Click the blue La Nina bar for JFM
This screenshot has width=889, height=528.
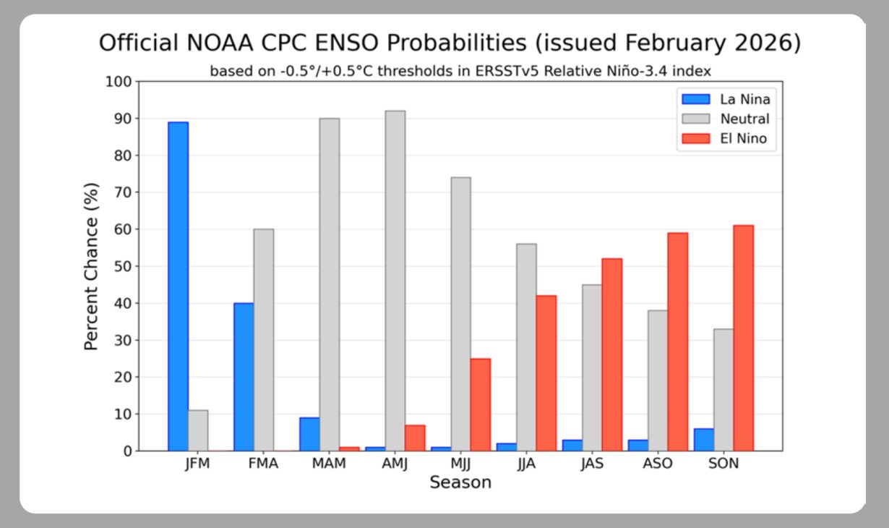click(x=178, y=286)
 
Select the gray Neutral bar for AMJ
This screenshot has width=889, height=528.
click(x=395, y=281)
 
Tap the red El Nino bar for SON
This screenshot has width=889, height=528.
click(x=743, y=338)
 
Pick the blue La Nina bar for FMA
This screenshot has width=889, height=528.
click(x=244, y=377)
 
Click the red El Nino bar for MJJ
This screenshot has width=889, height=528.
click(x=480, y=404)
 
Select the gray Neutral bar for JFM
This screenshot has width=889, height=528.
click(x=198, y=430)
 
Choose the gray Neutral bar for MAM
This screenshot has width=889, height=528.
click(x=330, y=284)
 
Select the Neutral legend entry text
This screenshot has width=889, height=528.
click(x=745, y=119)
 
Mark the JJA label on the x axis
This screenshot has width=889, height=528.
click(x=526, y=464)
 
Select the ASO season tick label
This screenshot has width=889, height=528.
click(x=658, y=464)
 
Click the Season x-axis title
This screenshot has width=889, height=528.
click(x=460, y=482)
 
